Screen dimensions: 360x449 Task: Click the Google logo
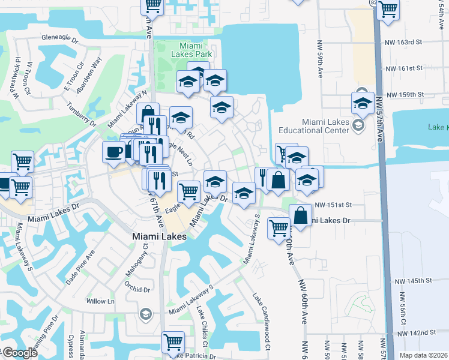click(19, 353)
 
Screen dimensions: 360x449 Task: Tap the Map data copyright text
click(423, 355)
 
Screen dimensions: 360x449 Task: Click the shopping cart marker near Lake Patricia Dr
click(173, 341)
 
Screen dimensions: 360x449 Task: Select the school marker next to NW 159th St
click(363, 102)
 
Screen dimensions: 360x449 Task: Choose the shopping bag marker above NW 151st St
click(279, 179)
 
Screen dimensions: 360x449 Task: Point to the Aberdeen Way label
click(89, 75)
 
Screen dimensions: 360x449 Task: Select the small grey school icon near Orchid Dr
click(145, 314)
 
